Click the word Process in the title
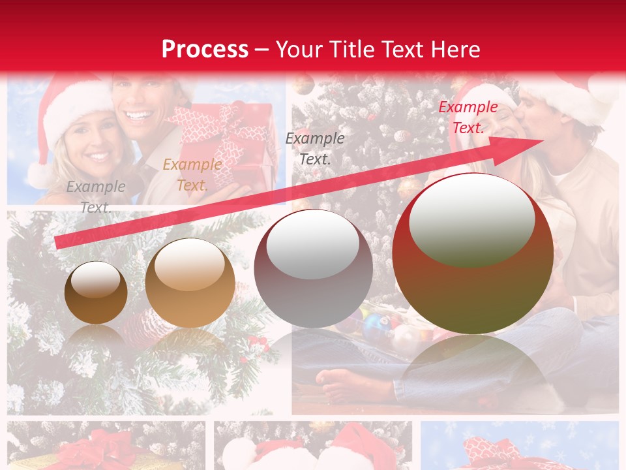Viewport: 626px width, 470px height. [205, 50]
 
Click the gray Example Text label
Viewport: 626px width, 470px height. [96, 196]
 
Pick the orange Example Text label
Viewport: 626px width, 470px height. [192, 175]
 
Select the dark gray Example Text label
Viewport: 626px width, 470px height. [315, 148]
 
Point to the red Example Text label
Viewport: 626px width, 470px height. [468, 117]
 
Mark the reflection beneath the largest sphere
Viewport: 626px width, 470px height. [473, 372]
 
